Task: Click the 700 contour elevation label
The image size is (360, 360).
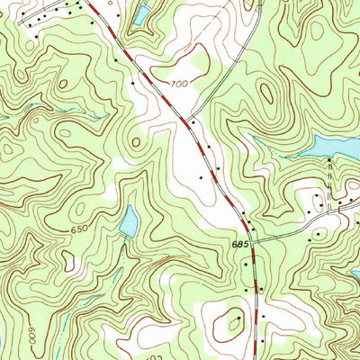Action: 180,84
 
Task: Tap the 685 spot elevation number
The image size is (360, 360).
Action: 238,244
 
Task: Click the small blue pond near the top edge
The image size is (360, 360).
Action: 141,13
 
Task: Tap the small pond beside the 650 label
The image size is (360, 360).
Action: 130,219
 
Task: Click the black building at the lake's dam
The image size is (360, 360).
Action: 329,159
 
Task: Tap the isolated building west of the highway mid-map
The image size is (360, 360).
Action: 201,178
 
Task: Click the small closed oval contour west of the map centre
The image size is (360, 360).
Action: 137,141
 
